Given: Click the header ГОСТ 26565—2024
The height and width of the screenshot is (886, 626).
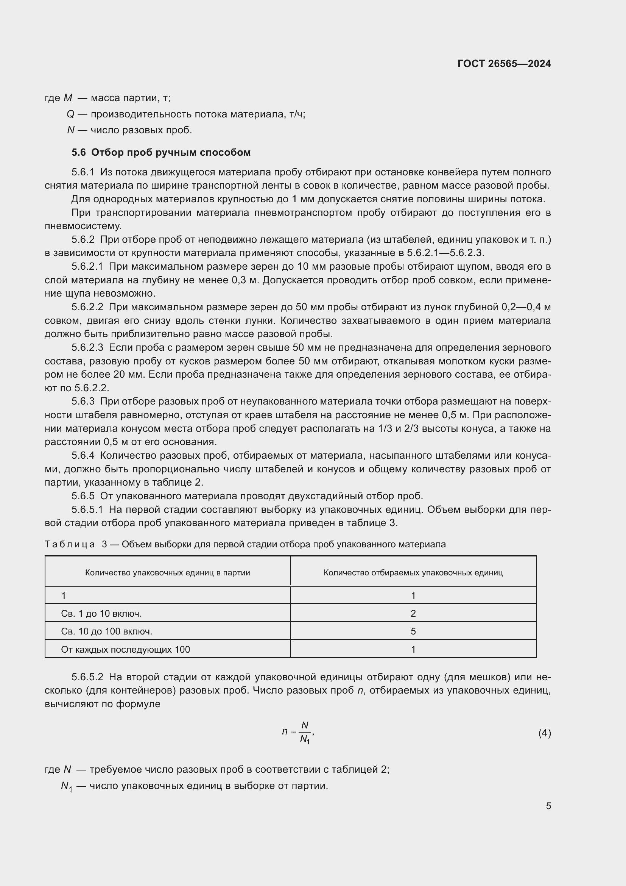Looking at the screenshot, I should click(x=504, y=64).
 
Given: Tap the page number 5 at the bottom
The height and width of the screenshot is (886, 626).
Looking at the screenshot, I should click(x=548, y=806).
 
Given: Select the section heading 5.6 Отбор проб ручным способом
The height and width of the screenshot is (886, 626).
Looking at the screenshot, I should click(x=161, y=152).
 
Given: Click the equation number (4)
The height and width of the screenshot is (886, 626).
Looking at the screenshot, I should click(x=544, y=733).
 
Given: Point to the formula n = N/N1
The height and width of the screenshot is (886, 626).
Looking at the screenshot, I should click(x=298, y=732).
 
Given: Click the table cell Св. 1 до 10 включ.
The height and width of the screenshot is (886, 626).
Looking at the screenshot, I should click(x=101, y=613).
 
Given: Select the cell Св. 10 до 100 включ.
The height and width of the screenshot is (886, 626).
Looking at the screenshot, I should click(x=106, y=631).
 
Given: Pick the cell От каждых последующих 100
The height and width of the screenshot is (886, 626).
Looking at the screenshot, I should click(x=125, y=650).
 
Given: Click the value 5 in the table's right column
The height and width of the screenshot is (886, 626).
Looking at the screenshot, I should click(x=413, y=631).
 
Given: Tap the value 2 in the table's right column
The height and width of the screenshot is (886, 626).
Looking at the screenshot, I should click(x=413, y=613).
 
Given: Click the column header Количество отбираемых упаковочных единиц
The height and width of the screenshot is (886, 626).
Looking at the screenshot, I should click(x=413, y=573).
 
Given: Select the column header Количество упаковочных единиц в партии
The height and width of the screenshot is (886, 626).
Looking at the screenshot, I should click(x=167, y=573).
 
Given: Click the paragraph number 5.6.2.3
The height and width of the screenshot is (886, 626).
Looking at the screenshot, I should click(x=87, y=348).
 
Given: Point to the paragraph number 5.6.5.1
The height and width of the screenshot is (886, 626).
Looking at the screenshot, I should click(x=87, y=510).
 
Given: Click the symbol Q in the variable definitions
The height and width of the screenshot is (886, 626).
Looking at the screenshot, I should click(x=70, y=114).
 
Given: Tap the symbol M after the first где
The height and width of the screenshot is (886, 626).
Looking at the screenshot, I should click(x=68, y=98).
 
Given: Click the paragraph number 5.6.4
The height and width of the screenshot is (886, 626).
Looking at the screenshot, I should click(x=83, y=456).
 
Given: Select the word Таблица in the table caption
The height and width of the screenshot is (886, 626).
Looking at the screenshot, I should click(x=70, y=544).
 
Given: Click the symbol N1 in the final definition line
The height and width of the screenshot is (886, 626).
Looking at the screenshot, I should click(x=66, y=786).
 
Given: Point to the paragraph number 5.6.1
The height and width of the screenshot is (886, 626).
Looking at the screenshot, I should click(x=83, y=172).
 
